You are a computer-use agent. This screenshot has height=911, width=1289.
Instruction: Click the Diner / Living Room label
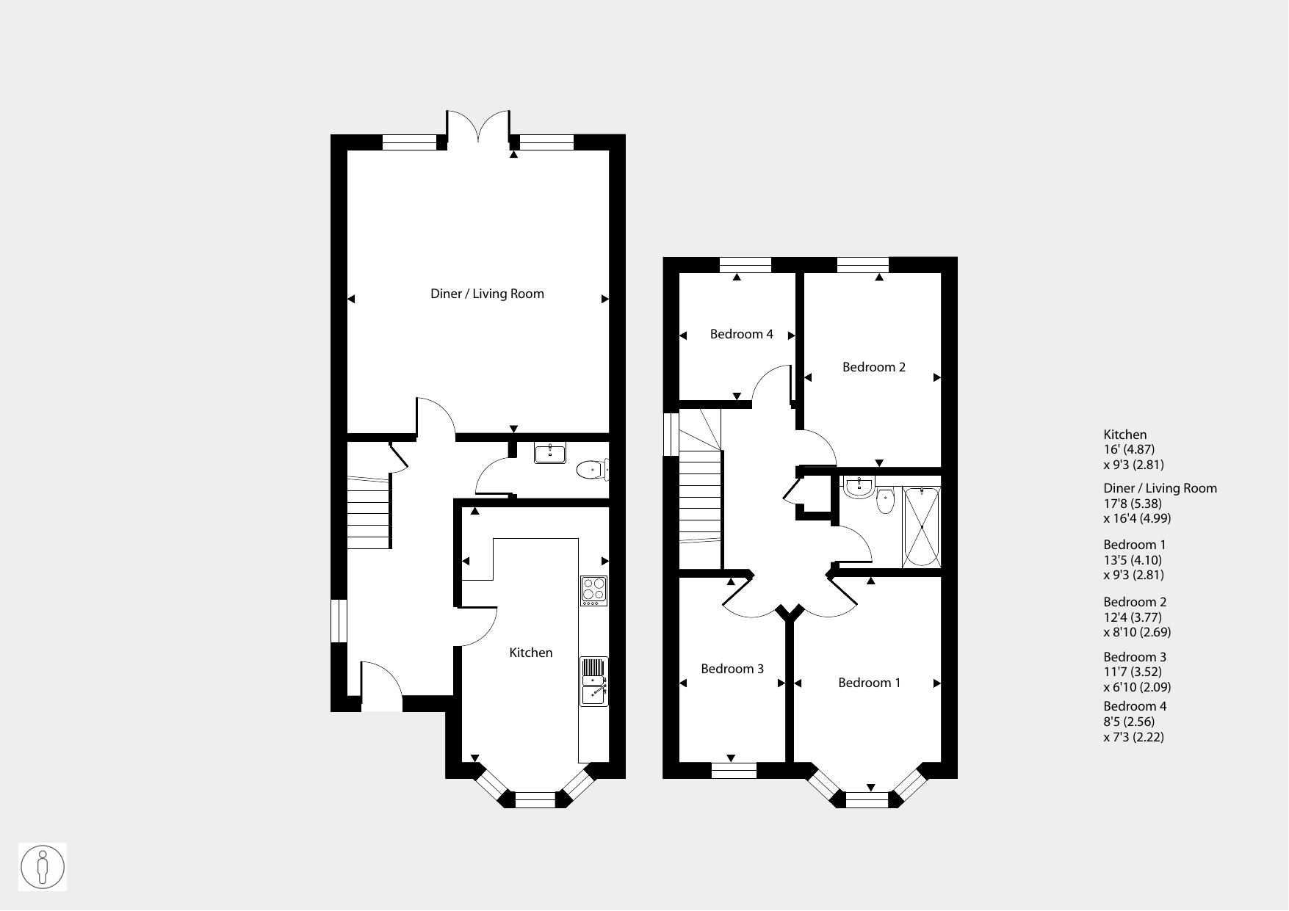[487, 294]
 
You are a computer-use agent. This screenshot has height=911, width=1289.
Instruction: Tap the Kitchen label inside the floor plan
[531, 653]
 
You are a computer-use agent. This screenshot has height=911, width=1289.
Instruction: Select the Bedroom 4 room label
[741, 334]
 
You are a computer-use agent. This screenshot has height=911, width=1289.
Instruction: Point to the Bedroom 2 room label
[874, 367]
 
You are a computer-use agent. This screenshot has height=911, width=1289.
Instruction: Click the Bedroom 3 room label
[732, 669]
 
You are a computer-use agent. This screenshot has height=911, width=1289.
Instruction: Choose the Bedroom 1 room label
[870, 683]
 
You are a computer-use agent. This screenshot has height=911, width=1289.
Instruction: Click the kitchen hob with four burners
[593, 590]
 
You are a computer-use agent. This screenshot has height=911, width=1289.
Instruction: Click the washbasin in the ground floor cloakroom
[550, 453]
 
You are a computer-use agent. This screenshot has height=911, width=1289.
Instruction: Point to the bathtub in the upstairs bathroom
[921, 526]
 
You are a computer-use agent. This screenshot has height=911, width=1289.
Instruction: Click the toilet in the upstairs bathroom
[885, 501]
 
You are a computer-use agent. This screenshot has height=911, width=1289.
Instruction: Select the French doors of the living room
[478, 126]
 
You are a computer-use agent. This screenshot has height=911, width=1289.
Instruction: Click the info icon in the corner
[43, 867]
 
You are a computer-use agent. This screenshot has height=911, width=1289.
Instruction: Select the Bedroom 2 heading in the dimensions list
[1135, 602]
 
